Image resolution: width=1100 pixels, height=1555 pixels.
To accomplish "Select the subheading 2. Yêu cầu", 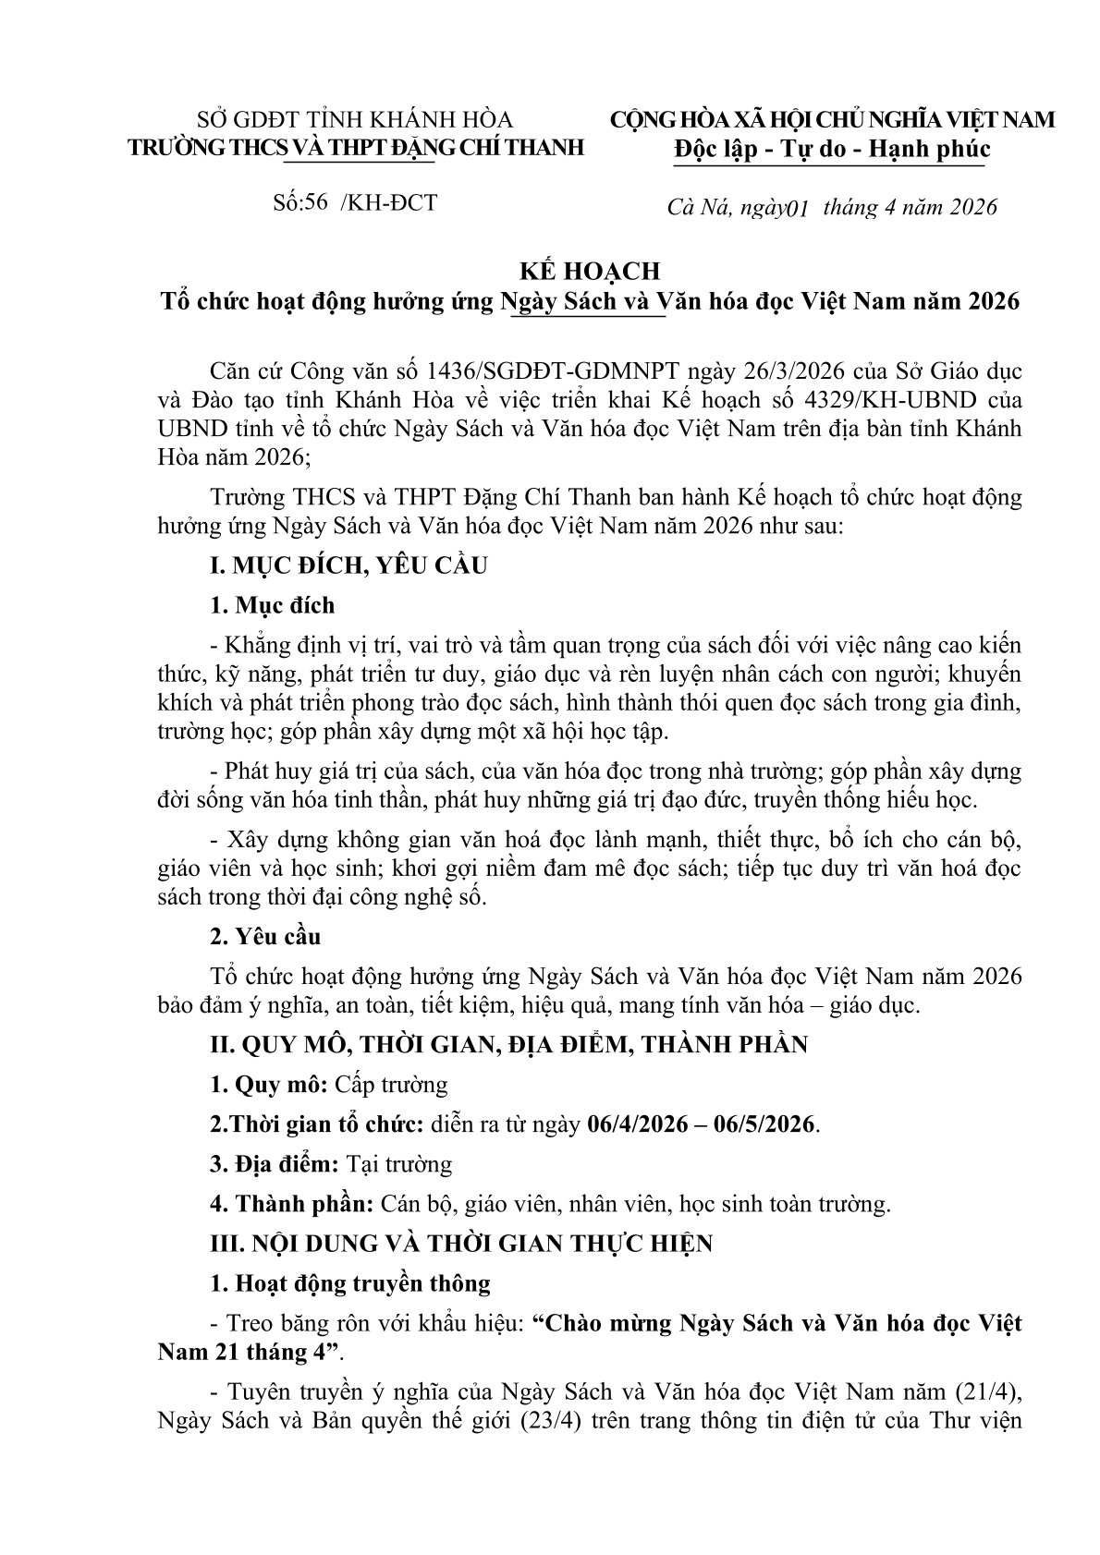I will (x=265, y=937).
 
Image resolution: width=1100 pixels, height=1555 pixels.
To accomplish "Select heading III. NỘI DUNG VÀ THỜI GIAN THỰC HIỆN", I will (x=461, y=1244).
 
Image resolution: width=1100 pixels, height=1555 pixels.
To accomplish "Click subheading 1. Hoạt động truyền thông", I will (x=350, y=1283).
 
